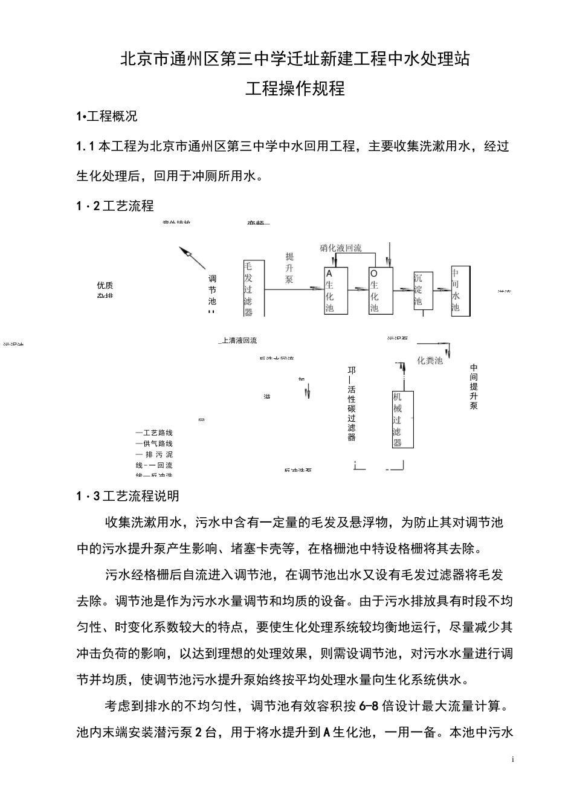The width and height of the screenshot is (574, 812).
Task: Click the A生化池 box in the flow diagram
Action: click(x=336, y=291)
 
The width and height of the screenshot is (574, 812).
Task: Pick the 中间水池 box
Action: click(x=459, y=290)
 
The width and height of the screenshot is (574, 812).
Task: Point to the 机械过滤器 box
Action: click(x=402, y=419)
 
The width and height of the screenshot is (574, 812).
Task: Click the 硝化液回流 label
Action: click(x=341, y=248)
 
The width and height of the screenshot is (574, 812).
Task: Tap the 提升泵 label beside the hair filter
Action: click(x=289, y=268)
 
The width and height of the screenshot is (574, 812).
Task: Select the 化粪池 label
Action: click(x=430, y=361)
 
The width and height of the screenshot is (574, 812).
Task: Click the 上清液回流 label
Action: click(x=239, y=341)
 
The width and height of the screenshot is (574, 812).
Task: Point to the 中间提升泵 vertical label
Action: click(x=474, y=387)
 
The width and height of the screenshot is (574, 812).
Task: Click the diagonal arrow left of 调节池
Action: click(x=193, y=258)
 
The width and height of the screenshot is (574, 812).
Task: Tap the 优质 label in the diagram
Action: click(x=105, y=285)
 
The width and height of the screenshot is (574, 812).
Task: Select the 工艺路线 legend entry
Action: click(x=155, y=433)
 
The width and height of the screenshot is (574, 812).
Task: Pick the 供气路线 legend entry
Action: click(x=155, y=443)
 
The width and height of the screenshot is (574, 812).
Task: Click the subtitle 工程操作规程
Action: click(x=295, y=88)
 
